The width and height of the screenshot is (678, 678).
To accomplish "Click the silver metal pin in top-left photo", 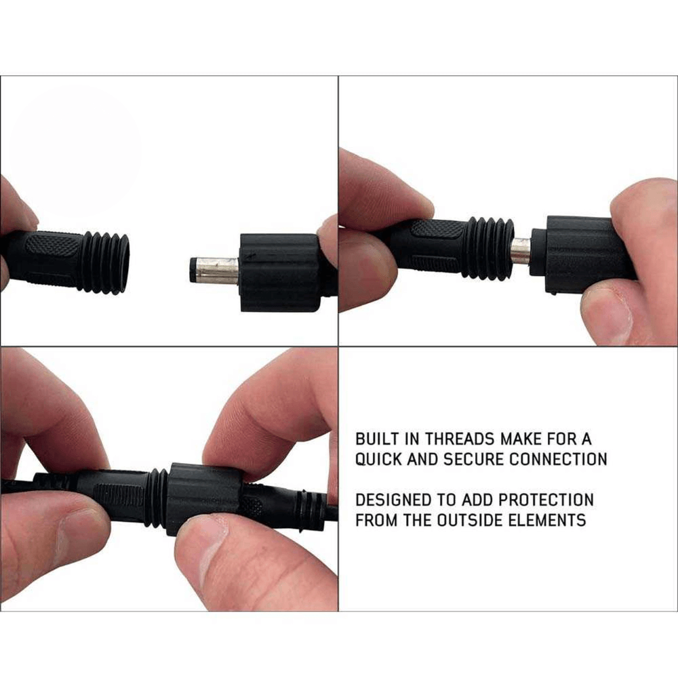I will (x=216, y=271).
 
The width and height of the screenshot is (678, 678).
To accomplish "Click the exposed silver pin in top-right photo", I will (x=520, y=251).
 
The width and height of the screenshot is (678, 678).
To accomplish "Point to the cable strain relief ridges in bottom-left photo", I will (x=313, y=506).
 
